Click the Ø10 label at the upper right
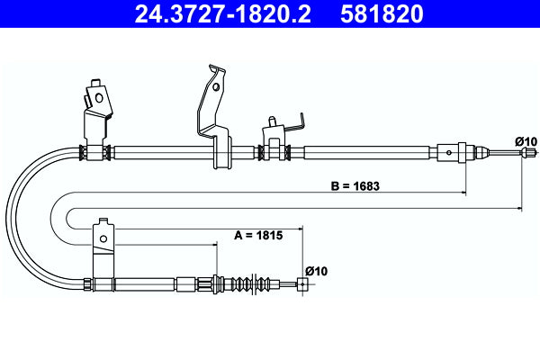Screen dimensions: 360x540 (526, 140)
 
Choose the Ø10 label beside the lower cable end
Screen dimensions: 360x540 (315, 270)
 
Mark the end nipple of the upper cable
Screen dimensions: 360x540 (522, 153)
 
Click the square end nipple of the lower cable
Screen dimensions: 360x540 (303, 285)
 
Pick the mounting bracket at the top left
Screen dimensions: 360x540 (97, 103)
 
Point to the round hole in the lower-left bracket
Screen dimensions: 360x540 (104, 238)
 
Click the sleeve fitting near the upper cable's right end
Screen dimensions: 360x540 (452, 152)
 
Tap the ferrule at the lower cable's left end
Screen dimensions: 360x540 (88, 285)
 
